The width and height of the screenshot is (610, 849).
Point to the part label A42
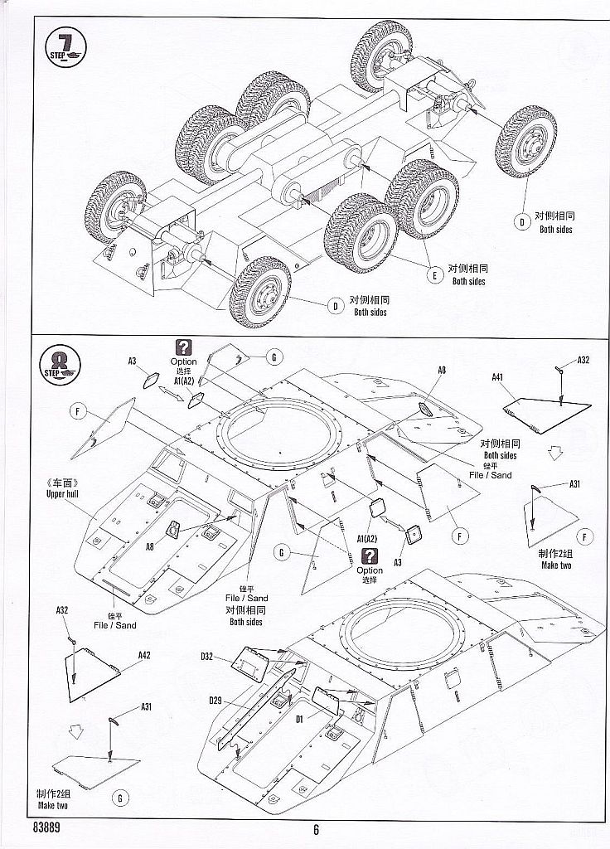tap(144, 655)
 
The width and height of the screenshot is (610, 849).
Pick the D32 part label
tap(207, 657)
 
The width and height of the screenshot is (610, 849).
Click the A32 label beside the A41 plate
tap(583, 360)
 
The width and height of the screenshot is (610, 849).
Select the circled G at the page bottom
tap(120, 798)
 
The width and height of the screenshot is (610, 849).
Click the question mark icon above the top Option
tap(183, 348)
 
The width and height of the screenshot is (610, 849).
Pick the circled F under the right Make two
tap(585, 537)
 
